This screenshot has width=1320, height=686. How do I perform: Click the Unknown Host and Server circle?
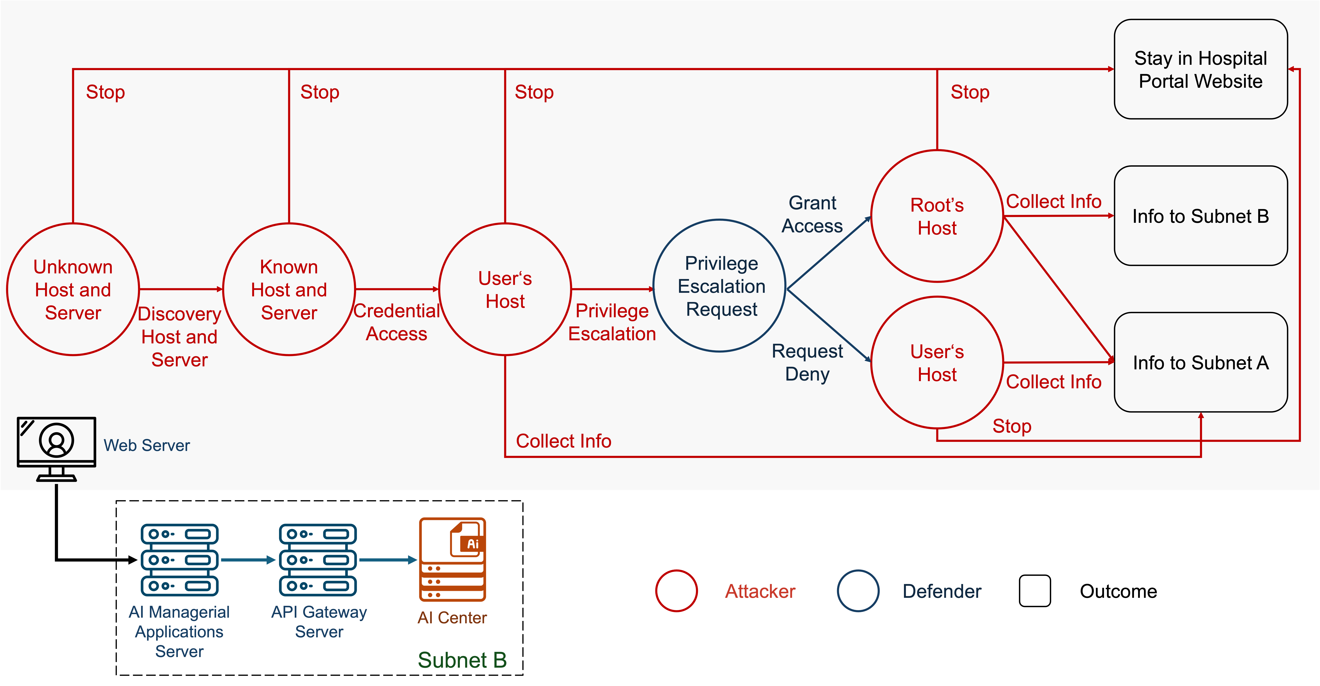[73, 290]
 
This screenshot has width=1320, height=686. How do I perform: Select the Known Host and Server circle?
[289, 290]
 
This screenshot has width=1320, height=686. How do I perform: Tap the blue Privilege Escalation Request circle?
[720, 286]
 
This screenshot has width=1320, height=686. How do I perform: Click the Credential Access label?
[397, 322]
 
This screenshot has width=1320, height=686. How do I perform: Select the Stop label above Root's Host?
[969, 92]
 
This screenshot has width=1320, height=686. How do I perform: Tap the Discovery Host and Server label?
[179, 337]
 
